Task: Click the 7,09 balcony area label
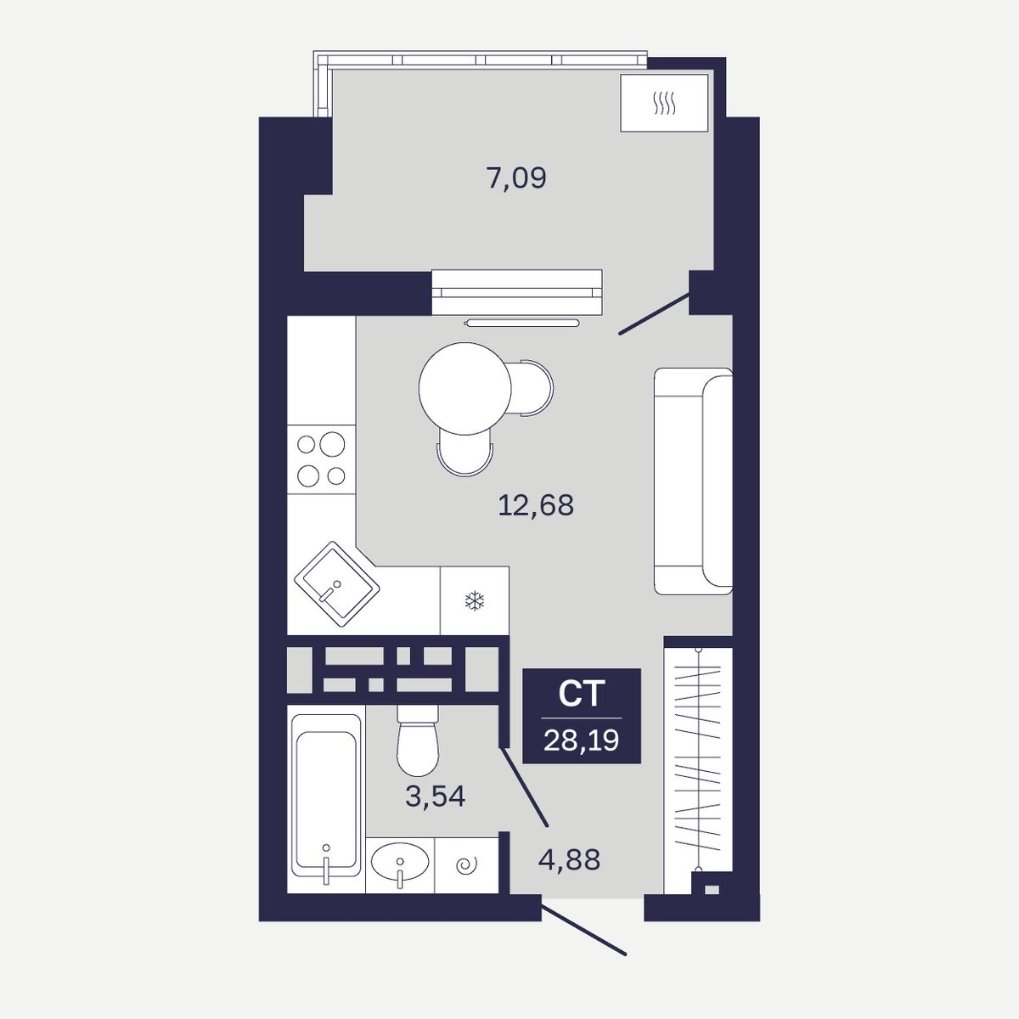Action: (x=516, y=178)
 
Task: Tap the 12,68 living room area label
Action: (x=536, y=505)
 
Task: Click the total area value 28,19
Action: (x=581, y=740)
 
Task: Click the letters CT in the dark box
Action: (x=581, y=694)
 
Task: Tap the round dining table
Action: (x=464, y=388)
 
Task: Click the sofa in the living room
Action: (x=693, y=481)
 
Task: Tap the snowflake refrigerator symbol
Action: (x=475, y=601)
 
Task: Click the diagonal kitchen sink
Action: (x=337, y=583)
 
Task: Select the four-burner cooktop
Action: (x=321, y=459)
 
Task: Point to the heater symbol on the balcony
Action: (x=664, y=103)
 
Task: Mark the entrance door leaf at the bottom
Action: (x=583, y=931)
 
